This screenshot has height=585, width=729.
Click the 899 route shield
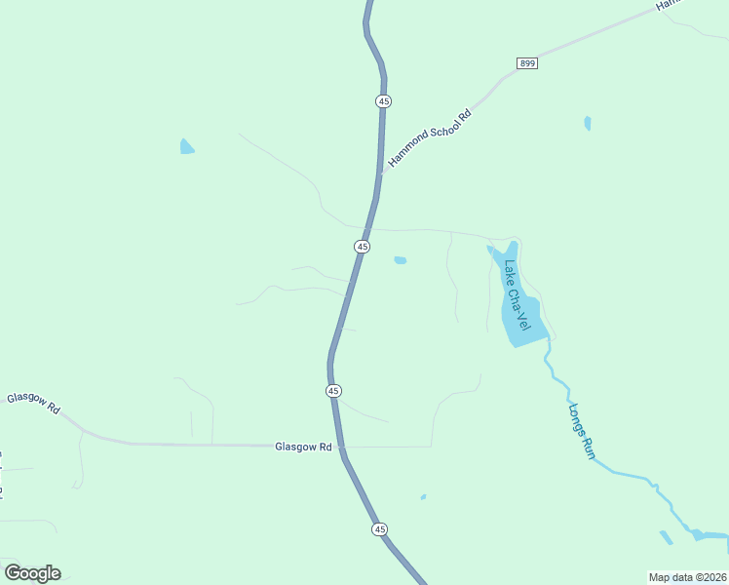[x=526, y=63]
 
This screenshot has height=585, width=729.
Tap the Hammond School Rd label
[x=429, y=137]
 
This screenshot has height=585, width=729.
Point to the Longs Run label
[x=582, y=431]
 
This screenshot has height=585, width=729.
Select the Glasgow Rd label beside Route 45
[x=304, y=447]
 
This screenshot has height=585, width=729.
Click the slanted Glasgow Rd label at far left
[x=33, y=405]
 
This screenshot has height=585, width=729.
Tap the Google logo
[x=32, y=573]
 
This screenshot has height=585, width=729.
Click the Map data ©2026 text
[x=688, y=577]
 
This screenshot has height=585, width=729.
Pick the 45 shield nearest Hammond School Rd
[x=384, y=101]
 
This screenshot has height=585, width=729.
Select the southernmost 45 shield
[x=379, y=529]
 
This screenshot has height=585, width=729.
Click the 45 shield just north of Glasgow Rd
[x=333, y=390]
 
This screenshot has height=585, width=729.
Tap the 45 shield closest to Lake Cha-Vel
[x=363, y=247]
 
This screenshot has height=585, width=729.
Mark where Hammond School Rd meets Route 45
[x=379, y=174]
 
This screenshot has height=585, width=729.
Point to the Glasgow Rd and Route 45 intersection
[x=340, y=447]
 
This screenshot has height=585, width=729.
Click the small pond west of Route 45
[x=186, y=147]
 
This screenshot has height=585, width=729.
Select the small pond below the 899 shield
[x=587, y=123]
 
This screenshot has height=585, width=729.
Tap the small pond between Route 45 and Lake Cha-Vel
[x=400, y=260]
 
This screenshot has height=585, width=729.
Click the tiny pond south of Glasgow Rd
[x=423, y=497]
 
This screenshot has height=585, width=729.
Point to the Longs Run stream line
[x=624, y=474]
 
